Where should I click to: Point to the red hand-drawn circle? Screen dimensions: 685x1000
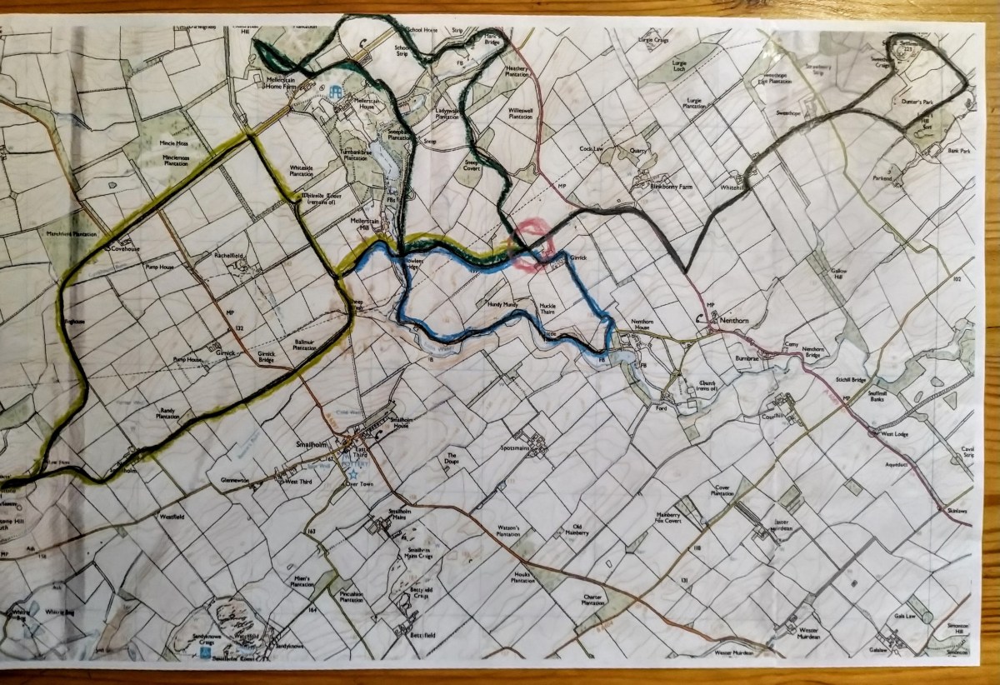(x=531, y=245)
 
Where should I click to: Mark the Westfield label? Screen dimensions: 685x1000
(x=172, y=517)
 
